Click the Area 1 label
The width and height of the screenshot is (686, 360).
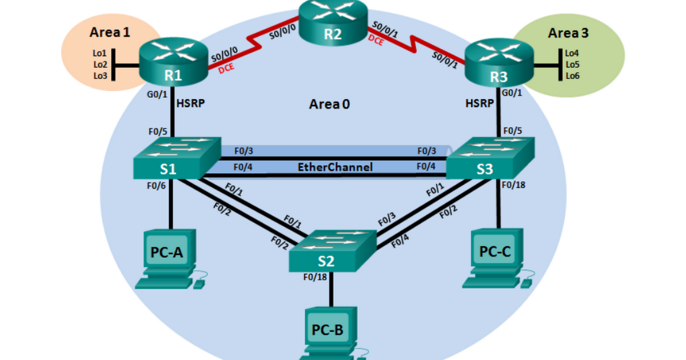110,33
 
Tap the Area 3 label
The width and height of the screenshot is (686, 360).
568,33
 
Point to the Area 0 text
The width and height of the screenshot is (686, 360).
329,104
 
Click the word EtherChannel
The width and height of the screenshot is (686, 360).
335,167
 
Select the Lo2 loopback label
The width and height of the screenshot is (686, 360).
99,64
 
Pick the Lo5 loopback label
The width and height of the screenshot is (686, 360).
572,64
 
